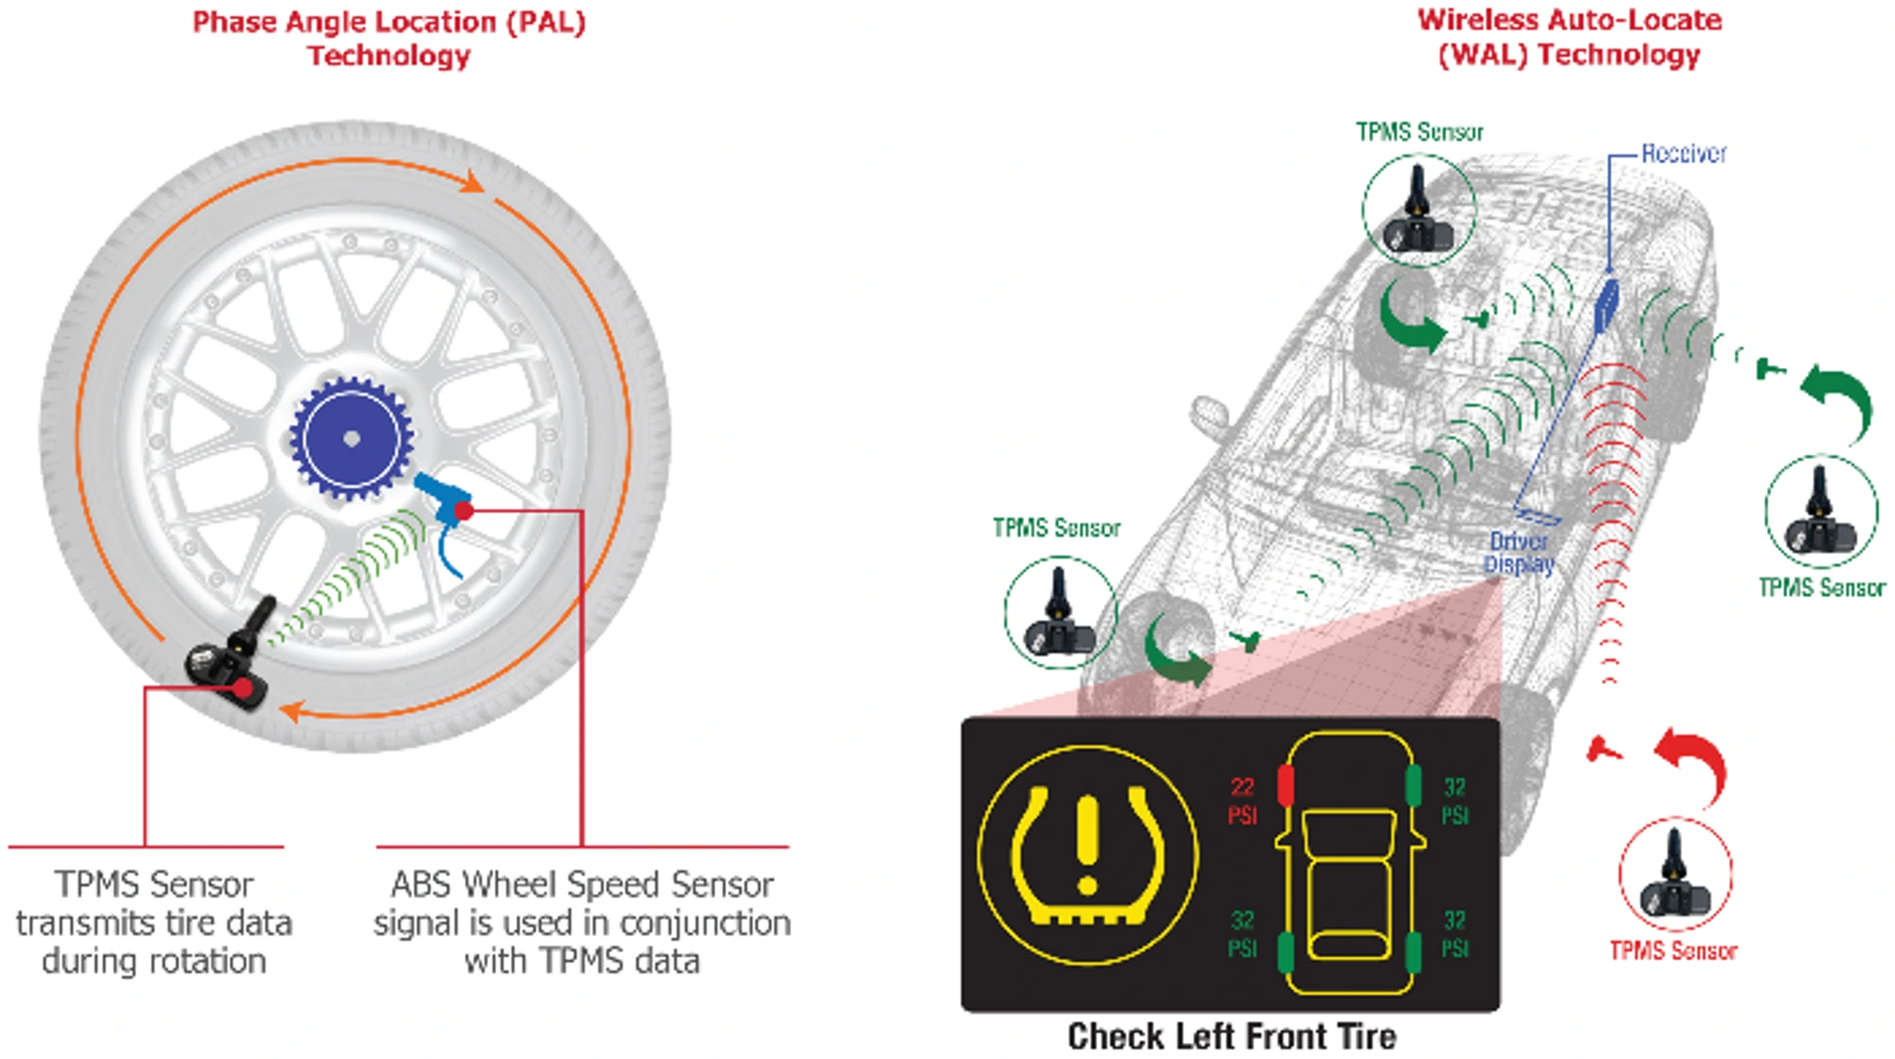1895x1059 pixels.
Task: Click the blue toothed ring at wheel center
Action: coord(352,438)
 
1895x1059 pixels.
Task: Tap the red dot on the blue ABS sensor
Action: coord(463,511)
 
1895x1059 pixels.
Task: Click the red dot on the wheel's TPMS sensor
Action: coord(244,687)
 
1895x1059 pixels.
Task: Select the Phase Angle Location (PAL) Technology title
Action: coord(388,38)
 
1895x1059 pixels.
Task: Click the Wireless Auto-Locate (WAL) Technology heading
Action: coord(1569,37)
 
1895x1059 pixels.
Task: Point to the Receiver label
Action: coord(1683,154)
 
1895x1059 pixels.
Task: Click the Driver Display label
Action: coord(1519,553)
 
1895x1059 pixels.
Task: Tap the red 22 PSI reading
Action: coord(1242,800)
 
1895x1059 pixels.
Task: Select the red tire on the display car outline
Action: coord(1286,786)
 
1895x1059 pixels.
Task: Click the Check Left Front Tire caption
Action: coord(1231,1036)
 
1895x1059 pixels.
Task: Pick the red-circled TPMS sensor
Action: coord(1675,874)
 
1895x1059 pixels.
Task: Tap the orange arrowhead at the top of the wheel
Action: coord(471,181)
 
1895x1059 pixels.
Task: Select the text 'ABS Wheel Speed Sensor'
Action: coord(582,885)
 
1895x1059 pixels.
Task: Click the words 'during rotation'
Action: coord(153,961)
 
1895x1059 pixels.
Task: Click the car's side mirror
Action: coord(1209,416)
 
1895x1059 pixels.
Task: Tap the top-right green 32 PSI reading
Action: coord(1454,800)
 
